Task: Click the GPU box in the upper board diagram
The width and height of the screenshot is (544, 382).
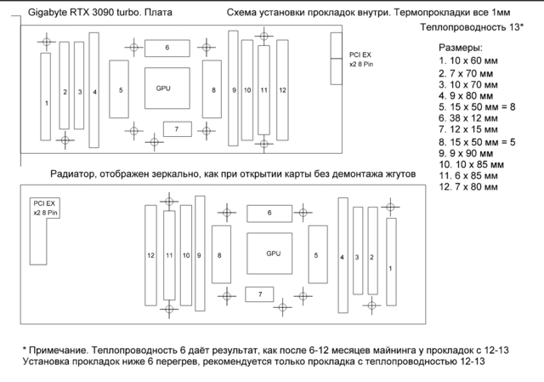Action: (163, 88)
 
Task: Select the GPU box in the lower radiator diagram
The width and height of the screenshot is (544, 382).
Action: (273, 254)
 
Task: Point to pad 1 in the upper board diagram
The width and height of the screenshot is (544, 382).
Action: (47, 101)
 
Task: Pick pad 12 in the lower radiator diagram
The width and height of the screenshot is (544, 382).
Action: (150, 254)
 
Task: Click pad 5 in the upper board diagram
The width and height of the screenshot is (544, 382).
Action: (121, 88)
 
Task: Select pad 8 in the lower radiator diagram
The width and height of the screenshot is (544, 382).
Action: (220, 254)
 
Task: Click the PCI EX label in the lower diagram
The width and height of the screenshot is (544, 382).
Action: (43, 208)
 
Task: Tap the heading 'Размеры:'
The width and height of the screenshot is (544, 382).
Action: (461, 47)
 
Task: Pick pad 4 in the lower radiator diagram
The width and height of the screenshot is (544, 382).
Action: (343, 255)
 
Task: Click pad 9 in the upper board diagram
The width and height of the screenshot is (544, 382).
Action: (234, 89)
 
